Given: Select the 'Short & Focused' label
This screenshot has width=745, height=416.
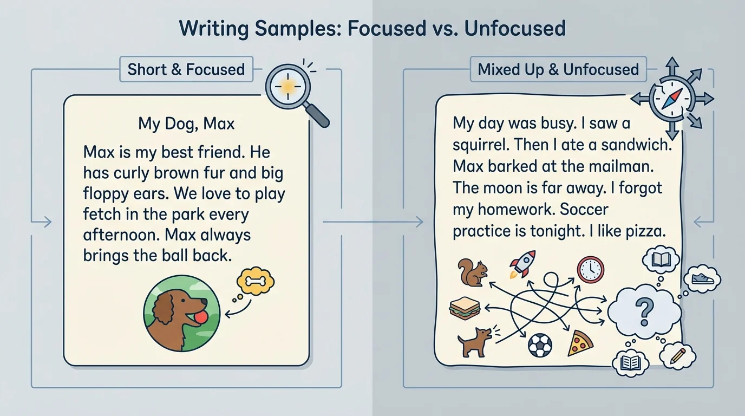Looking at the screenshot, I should [186, 69].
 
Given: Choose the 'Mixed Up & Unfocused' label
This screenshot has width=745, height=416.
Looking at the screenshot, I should [558, 69].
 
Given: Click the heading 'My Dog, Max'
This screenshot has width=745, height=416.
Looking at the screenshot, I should [186, 123].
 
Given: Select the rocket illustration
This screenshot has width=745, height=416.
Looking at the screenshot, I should [522, 264].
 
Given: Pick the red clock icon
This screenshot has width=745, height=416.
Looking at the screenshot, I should [590, 270].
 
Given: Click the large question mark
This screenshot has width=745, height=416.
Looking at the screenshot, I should [644, 311].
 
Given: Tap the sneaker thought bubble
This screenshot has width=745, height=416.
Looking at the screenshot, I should [702, 279].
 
